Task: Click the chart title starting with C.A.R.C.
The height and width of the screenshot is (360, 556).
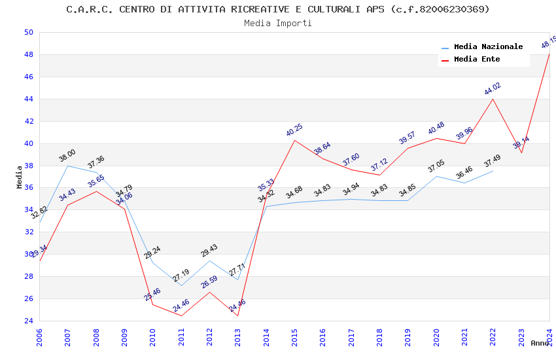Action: tap(278, 9)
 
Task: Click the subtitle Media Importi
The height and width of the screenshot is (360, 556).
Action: tap(278, 23)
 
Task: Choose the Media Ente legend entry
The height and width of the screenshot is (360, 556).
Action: tap(477, 60)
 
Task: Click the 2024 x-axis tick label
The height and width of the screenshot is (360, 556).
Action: tap(549, 334)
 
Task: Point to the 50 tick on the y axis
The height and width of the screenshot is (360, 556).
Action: tap(27, 32)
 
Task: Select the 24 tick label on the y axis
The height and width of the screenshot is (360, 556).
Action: tap(27, 321)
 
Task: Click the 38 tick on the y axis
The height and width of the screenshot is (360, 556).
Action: tap(27, 166)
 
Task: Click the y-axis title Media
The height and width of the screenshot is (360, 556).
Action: tap(20, 177)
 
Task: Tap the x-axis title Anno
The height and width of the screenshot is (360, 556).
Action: tap(540, 343)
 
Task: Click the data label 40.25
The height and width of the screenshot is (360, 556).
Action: tap(294, 130)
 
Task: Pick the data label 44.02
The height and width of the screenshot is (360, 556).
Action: tap(493, 89)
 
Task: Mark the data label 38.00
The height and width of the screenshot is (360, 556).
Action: tap(67, 155)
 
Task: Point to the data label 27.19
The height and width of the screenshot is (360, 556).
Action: tap(181, 276)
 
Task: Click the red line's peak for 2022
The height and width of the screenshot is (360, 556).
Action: tap(493, 99)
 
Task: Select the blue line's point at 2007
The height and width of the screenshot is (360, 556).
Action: tap(67, 166)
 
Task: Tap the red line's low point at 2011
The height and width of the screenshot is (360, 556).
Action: tap(181, 316)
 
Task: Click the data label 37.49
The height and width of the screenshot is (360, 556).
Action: tap(493, 160)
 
